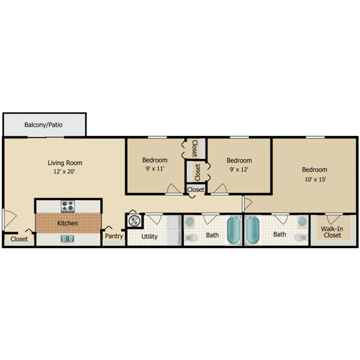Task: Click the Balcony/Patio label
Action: (x=44, y=125)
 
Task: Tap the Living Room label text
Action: (x=65, y=163)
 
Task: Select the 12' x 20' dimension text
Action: (x=65, y=172)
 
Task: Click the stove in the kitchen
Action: (x=68, y=205)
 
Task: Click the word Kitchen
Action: (x=68, y=223)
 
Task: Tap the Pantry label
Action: (x=114, y=236)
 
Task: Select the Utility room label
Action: (x=149, y=236)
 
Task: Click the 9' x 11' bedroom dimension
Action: (x=155, y=169)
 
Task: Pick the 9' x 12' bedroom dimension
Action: (x=239, y=169)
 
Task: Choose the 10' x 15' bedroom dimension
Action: (x=314, y=179)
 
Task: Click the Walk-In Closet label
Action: (x=332, y=232)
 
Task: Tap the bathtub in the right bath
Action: (x=253, y=230)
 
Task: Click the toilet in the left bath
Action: (x=191, y=237)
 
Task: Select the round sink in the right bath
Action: (x=303, y=221)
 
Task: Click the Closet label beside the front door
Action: (x=19, y=240)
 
